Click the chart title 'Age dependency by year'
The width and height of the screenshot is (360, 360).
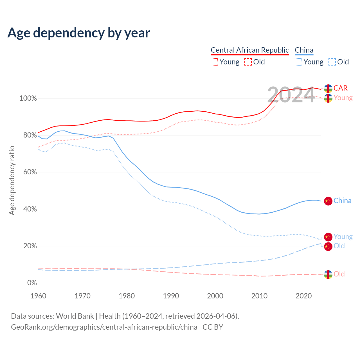(x=79, y=33)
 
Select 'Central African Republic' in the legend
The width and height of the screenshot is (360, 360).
(x=249, y=50)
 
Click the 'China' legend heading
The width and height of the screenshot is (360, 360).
(x=304, y=50)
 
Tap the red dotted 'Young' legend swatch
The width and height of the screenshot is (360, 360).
(x=214, y=62)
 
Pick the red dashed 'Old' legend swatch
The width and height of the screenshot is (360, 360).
(x=248, y=62)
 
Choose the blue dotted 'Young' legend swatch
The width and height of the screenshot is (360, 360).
(x=298, y=62)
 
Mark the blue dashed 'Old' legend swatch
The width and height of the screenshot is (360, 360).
(x=332, y=62)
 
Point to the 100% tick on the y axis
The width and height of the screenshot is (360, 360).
(x=28, y=98)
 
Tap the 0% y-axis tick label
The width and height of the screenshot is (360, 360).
(x=32, y=283)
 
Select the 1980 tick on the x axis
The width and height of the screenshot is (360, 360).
(x=127, y=296)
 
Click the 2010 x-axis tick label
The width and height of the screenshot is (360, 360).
(x=259, y=296)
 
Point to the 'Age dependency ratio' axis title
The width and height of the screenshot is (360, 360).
(x=12, y=180)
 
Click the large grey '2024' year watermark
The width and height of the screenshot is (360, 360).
(x=291, y=95)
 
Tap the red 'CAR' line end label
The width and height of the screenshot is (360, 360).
(x=340, y=88)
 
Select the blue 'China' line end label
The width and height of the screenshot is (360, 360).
(x=342, y=201)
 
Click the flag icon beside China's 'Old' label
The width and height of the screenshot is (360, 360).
(x=328, y=247)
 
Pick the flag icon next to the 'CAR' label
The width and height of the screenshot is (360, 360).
(x=328, y=89)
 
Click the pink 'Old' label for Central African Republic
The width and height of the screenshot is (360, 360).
(x=339, y=274)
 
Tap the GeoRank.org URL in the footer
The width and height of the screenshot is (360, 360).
(x=104, y=327)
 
